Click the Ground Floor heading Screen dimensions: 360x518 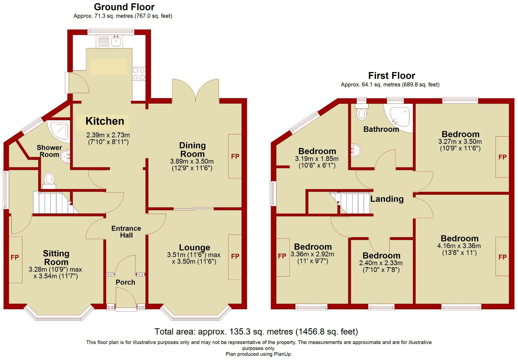124,7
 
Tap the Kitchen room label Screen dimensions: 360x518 105,121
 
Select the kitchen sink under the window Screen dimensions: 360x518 116,41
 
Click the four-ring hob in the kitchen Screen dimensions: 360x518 139,74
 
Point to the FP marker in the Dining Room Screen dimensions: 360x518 235,156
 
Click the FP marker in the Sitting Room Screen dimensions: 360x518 15,257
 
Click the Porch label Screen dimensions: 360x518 125,282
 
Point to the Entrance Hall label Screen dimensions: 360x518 126,232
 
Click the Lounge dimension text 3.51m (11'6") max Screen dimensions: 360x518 194,255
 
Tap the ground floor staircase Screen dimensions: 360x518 56,203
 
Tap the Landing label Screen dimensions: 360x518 387,199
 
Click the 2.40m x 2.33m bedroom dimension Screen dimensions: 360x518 381,263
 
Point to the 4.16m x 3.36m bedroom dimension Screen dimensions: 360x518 459,246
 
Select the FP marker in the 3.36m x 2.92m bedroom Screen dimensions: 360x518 282,256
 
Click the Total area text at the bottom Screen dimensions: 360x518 256,332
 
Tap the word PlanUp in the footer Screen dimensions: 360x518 283,354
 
